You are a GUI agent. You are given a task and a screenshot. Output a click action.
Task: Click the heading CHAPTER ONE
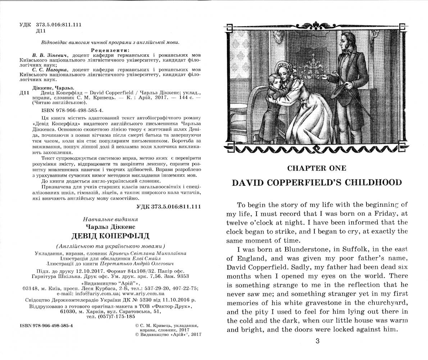[x=317, y=168]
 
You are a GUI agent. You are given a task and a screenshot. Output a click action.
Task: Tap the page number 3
[x=317, y=341]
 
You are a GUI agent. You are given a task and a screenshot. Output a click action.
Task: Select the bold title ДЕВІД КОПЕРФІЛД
[x=110, y=236]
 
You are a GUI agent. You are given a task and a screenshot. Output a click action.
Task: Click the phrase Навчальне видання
[x=110, y=219]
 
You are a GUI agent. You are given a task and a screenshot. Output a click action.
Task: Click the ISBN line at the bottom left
[x=47, y=325]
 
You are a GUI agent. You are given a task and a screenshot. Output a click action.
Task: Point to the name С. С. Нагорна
[x=53, y=69]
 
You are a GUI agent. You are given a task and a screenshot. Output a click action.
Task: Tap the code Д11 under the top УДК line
[x=40, y=31]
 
